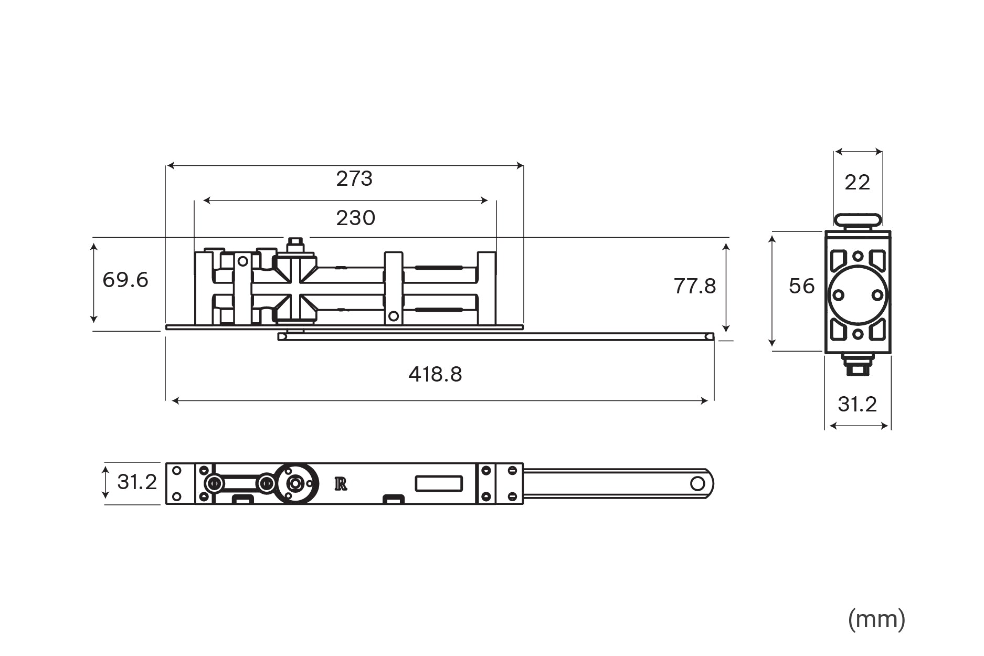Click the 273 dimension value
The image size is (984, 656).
pyautogui.click(x=354, y=179)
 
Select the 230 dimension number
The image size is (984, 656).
pyautogui.click(x=355, y=218)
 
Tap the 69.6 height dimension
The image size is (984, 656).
pyautogui.click(x=125, y=280)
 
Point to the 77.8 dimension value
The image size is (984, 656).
pyautogui.click(x=694, y=287)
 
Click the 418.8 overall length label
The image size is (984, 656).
pyautogui.click(x=435, y=375)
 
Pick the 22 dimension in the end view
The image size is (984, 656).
pyautogui.click(x=857, y=183)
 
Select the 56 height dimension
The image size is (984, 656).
pyautogui.click(x=801, y=286)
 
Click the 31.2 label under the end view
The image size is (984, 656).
pyautogui.click(x=857, y=404)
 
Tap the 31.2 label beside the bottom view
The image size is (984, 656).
pyautogui.click(x=136, y=482)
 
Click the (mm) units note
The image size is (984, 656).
pyautogui.click(x=876, y=619)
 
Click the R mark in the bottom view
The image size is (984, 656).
pyautogui.click(x=341, y=484)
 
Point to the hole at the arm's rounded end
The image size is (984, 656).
pyautogui.click(x=697, y=483)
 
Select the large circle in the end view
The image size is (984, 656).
pyautogui.click(x=858, y=295)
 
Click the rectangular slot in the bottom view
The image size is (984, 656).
pyautogui.click(x=439, y=483)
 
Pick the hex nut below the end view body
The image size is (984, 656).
pyautogui.click(x=858, y=365)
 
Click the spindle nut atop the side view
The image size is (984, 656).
pyautogui.click(x=295, y=245)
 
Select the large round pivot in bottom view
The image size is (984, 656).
pyautogui.click(x=295, y=483)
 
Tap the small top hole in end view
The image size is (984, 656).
pyautogui.click(x=858, y=256)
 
